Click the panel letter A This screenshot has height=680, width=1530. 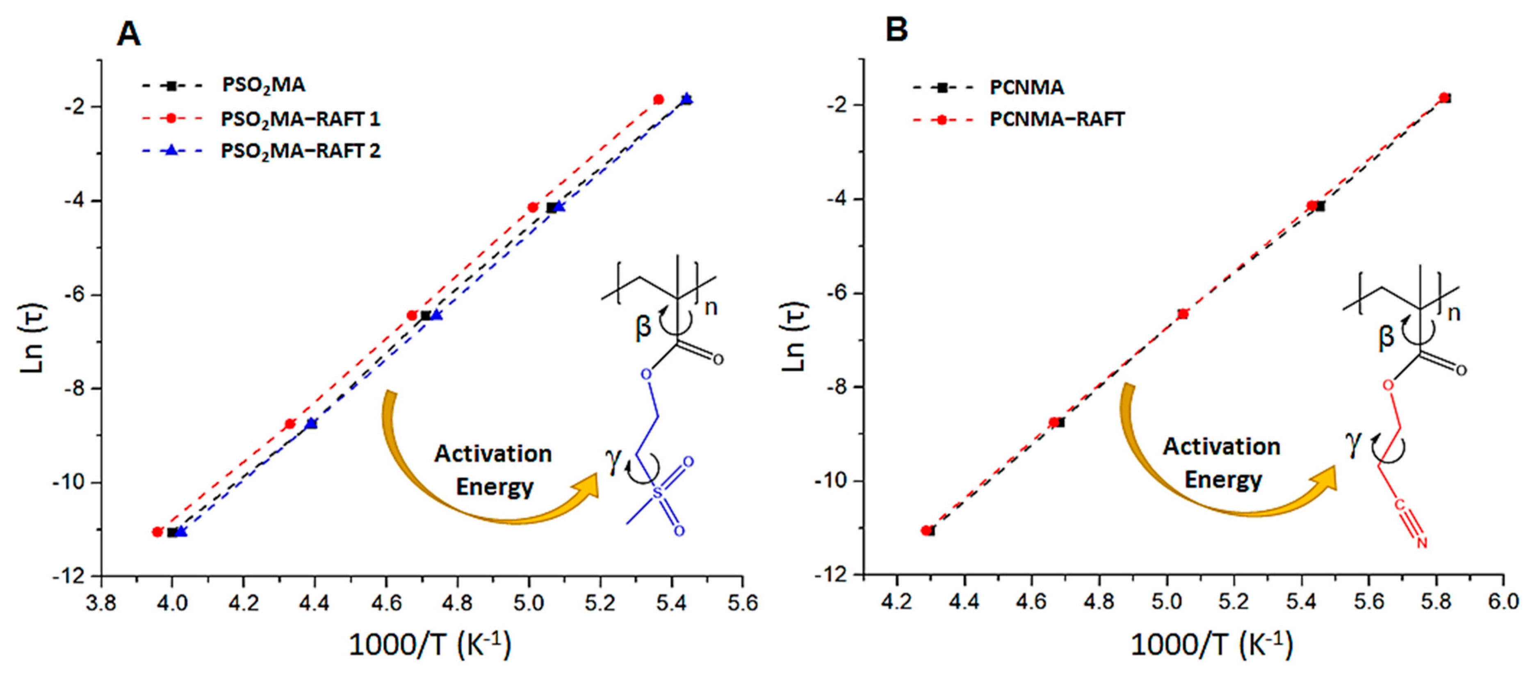tap(129, 34)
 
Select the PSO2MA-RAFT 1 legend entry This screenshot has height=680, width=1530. tap(300, 119)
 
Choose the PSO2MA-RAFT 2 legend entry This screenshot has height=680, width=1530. tap(300, 151)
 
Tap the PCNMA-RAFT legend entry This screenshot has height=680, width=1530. tap(1057, 119)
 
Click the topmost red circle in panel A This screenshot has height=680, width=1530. tap(658, 99)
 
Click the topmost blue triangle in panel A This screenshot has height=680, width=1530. tap(686, 99)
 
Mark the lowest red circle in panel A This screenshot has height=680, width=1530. tap(157, 532)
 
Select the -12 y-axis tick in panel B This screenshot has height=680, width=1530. tap(836, 575)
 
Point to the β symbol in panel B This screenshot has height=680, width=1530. tap(1386, 337)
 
